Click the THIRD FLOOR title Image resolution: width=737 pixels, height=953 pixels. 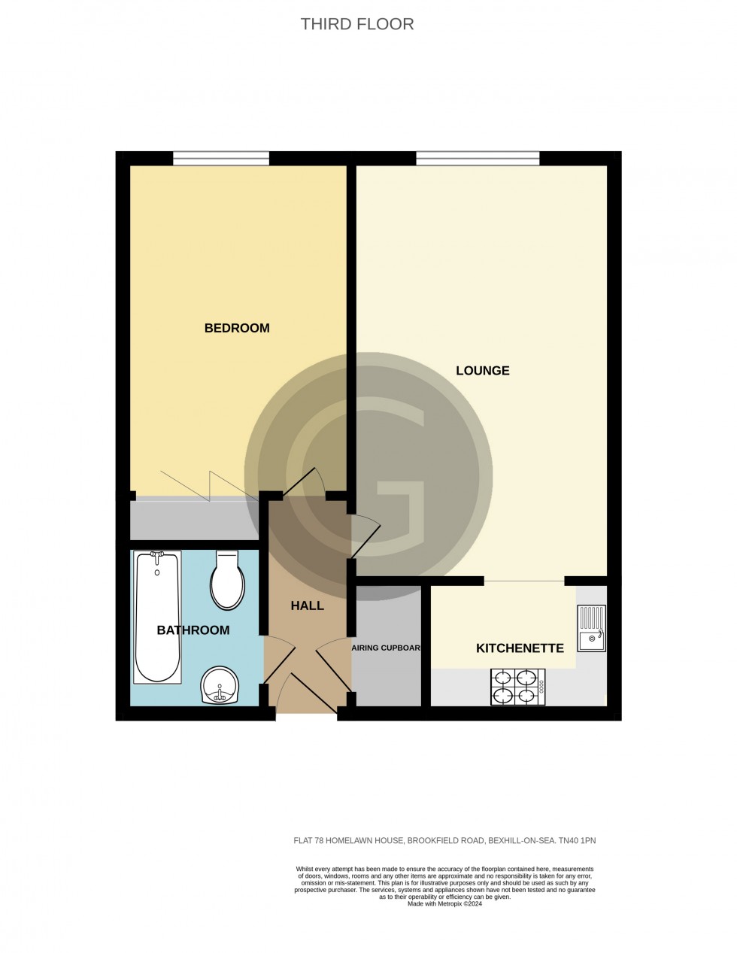[357, 24]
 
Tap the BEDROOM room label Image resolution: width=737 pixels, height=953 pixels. [237, 328]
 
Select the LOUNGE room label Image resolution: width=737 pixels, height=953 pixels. [483, 370]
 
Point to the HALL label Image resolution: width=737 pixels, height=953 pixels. [307, 605]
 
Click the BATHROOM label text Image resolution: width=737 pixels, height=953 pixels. [193, 630]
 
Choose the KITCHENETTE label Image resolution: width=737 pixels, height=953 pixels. [520, 648]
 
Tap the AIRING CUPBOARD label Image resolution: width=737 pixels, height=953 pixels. [386, 648]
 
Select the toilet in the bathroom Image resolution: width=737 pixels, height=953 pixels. [226, 581]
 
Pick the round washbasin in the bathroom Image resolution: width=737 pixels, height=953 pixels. [220, 685]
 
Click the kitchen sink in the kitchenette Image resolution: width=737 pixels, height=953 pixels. [591, 629]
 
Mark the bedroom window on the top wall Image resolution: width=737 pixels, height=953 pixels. [221, 158]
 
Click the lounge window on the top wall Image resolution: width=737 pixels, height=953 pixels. [478, 158]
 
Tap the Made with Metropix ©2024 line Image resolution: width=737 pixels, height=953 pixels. [444, 904]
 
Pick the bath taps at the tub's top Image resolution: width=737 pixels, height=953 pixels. [157, 555]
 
